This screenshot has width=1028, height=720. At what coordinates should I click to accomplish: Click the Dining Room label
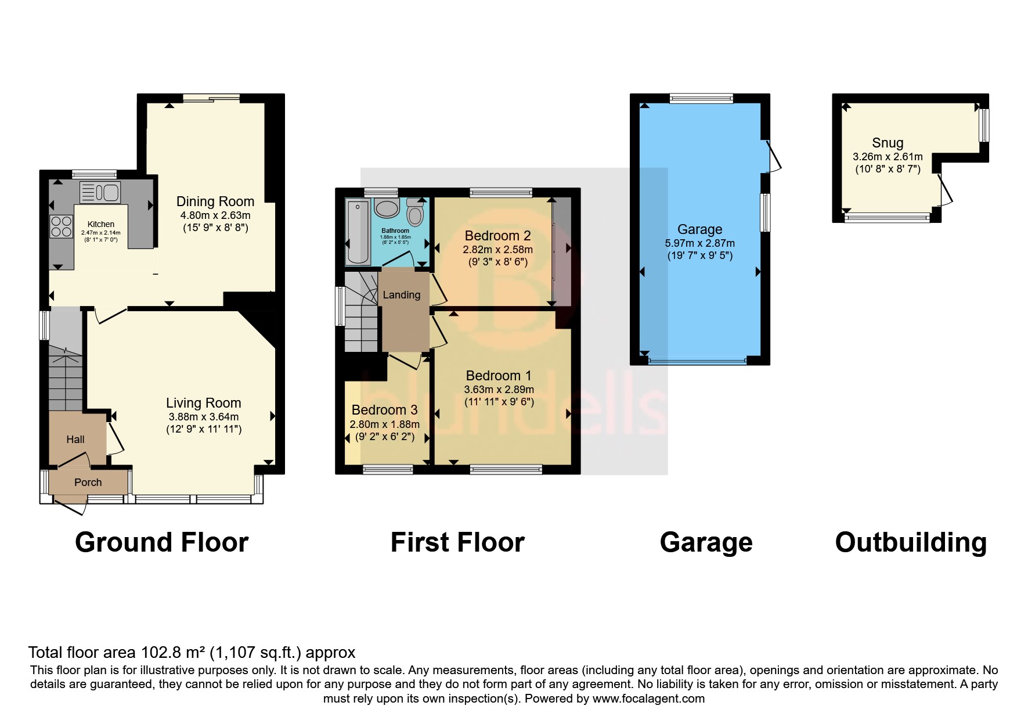215,201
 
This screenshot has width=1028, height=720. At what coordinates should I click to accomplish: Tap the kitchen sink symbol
100,192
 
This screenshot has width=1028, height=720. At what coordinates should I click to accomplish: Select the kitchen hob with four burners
62,226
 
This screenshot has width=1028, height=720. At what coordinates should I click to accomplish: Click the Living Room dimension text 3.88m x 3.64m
203,417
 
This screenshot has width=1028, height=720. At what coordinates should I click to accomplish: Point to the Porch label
88,483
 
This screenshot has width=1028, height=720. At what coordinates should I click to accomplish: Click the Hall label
75,440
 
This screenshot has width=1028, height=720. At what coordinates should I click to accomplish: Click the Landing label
402,295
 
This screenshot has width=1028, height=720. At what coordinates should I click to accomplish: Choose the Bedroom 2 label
497,236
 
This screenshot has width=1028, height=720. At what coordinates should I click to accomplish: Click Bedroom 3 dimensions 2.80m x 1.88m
384,424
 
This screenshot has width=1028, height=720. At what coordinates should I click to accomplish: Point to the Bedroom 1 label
498,376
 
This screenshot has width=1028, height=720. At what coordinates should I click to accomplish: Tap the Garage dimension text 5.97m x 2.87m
699,243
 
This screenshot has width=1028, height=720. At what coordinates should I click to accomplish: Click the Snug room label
888,143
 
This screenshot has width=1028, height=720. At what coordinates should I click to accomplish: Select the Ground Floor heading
162,542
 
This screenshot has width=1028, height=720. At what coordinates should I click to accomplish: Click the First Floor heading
457,542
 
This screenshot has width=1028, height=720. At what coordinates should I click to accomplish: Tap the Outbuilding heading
911,542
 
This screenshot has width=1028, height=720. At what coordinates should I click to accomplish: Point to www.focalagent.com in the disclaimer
648,699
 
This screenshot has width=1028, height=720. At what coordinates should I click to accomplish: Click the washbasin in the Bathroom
386,207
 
